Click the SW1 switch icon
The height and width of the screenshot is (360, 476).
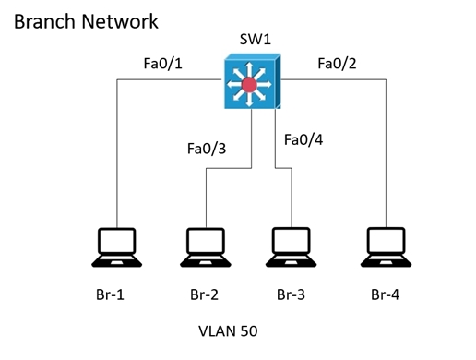(x=253, y=81)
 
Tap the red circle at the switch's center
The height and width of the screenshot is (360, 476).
(x=249, y=85)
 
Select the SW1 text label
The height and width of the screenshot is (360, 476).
(x=256, y=40)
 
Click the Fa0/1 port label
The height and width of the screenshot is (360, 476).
(x=163, y=64)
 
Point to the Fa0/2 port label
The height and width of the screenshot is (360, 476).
(x=337, y=64)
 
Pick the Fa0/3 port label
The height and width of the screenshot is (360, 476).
(x=207, y=149)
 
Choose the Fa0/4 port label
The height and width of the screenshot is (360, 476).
(x=303, y=139)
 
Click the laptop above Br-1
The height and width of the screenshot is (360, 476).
(x=117, y=247)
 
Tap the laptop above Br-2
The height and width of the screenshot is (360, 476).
(x=206, y=247)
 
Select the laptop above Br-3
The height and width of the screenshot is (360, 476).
(x=292, y=247)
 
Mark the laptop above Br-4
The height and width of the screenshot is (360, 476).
(x=387, y=247)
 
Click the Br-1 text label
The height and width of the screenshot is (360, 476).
(x=110, y=294)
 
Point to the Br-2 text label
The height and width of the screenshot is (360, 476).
(x=205, y=294)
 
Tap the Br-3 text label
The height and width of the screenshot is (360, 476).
(x=291, y=294)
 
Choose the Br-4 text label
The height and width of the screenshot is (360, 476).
(x=386, y=294)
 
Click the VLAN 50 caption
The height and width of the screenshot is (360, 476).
(x=228, y=331)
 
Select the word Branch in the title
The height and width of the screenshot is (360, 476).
(x=44, y=21)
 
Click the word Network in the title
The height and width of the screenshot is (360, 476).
(x=120, y=21)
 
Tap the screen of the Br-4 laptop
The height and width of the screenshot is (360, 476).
(x=387, y=240)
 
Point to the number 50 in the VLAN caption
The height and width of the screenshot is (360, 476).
(x=249, y=331)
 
